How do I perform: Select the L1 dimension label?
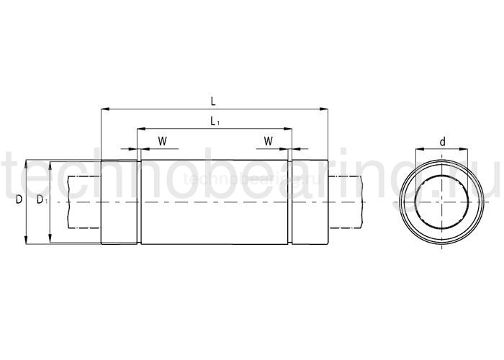214,122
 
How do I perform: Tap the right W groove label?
268,141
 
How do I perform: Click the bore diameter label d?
442,143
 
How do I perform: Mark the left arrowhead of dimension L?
104,109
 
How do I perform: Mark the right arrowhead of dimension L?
325,109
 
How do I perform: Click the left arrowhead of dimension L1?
140,130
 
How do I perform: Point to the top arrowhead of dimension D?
27,163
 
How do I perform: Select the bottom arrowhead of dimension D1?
50,240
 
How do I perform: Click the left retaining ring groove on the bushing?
138,202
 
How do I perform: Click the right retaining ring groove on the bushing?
291,202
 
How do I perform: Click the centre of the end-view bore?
442,202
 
